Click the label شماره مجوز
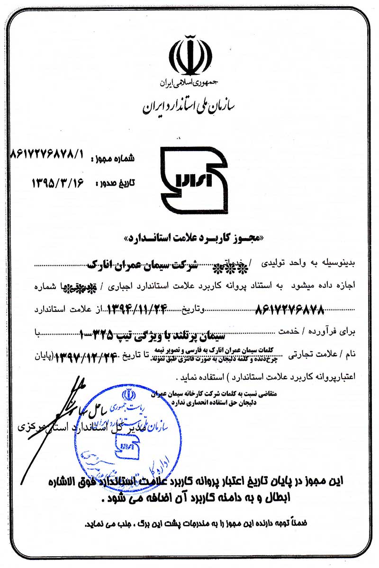tap(117, 159)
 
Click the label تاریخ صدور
tap(116, 182)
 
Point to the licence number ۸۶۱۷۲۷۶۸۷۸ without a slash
tap(289, 310)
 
